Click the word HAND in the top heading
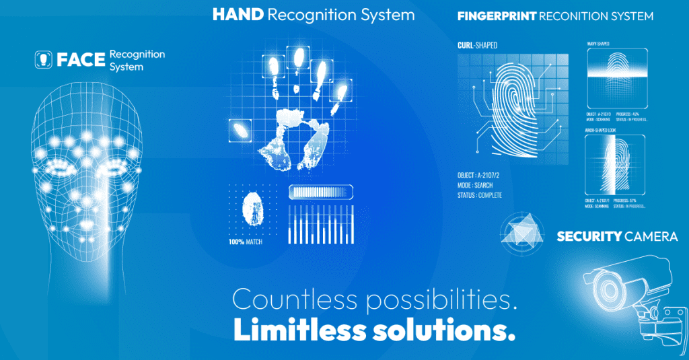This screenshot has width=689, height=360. pyautogui.click(x=238, y=14)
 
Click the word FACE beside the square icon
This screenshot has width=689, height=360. pyautogui.click(x=81, y=59)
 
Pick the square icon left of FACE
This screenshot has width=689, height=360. pyautogui.click(x=43, y=59)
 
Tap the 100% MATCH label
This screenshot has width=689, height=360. pyautogui.click(x=245, y=242)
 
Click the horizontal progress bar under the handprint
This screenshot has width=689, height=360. pyautogui.click(x=321, y=192)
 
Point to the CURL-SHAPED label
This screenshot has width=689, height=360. pyautogui.click(x=478, y=44)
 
